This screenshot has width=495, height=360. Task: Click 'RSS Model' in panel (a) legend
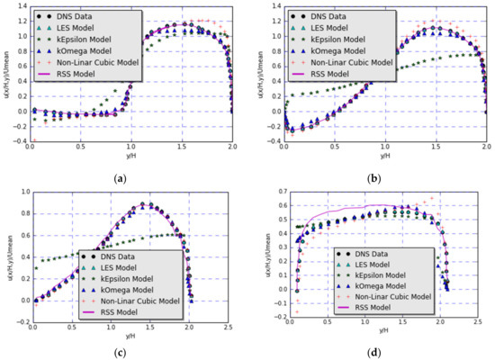[x=72, y=76]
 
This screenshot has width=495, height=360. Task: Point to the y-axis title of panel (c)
[x=8, y=256]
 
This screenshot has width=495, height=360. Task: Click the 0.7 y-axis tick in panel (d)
[x=262, y=191]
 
